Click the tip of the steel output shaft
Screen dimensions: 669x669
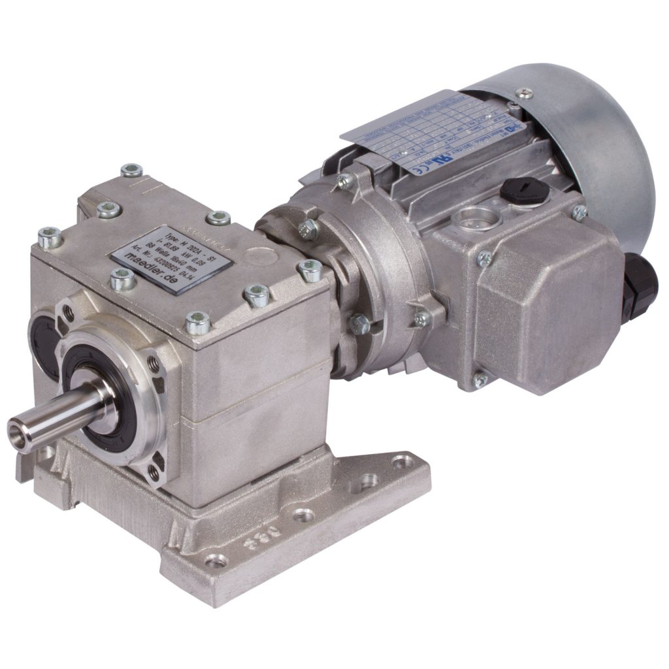coord(19,432)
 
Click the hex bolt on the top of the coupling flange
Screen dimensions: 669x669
coord(306,228)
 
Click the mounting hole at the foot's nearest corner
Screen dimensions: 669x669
coord(216,560)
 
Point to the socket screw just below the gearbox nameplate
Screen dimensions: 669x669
coord(122,280)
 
